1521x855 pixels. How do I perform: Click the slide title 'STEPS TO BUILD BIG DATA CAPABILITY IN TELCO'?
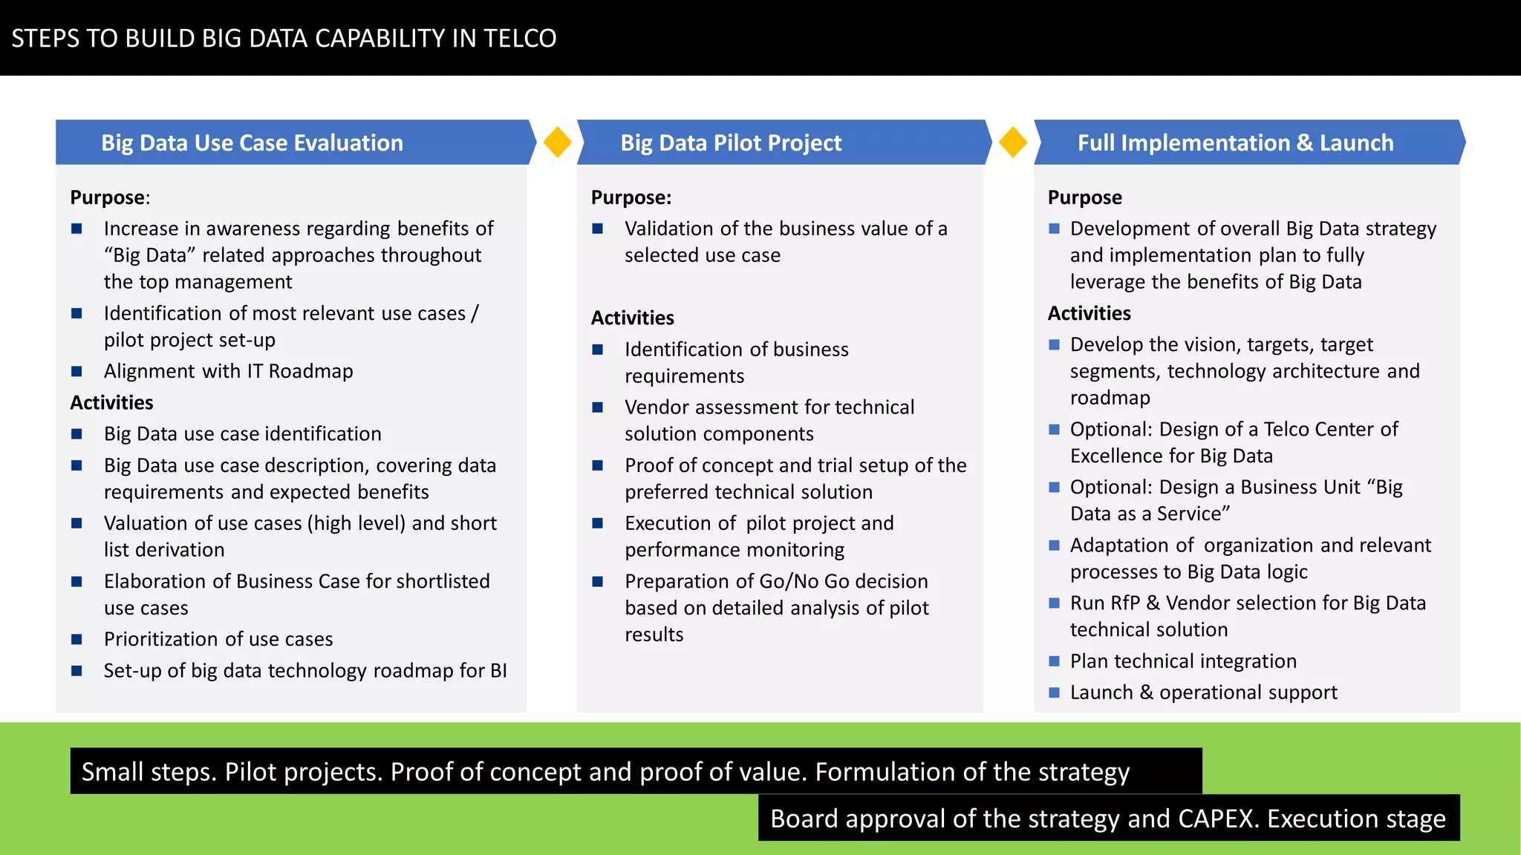284,39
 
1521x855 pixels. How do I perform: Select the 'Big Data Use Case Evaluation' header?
252,142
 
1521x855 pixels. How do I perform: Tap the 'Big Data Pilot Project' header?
731,142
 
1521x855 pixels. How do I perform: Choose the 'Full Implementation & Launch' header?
1235,142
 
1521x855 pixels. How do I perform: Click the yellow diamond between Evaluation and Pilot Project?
557,142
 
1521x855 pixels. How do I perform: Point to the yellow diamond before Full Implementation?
1013,142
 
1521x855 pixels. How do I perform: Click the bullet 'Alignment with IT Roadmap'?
228,371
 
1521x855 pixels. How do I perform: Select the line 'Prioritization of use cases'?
218,639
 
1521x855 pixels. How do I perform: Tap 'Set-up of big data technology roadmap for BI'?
305,671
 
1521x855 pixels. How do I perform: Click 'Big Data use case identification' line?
242,433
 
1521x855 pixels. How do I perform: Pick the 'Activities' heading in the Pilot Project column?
632,318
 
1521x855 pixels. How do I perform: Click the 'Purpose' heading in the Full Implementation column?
1084,197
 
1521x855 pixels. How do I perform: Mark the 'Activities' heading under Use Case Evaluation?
111,402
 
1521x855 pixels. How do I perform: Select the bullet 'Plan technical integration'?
1183,661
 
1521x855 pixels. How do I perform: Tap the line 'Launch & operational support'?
1203,692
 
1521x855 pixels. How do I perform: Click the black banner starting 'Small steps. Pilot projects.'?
636,771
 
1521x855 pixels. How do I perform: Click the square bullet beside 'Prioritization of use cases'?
76,639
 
